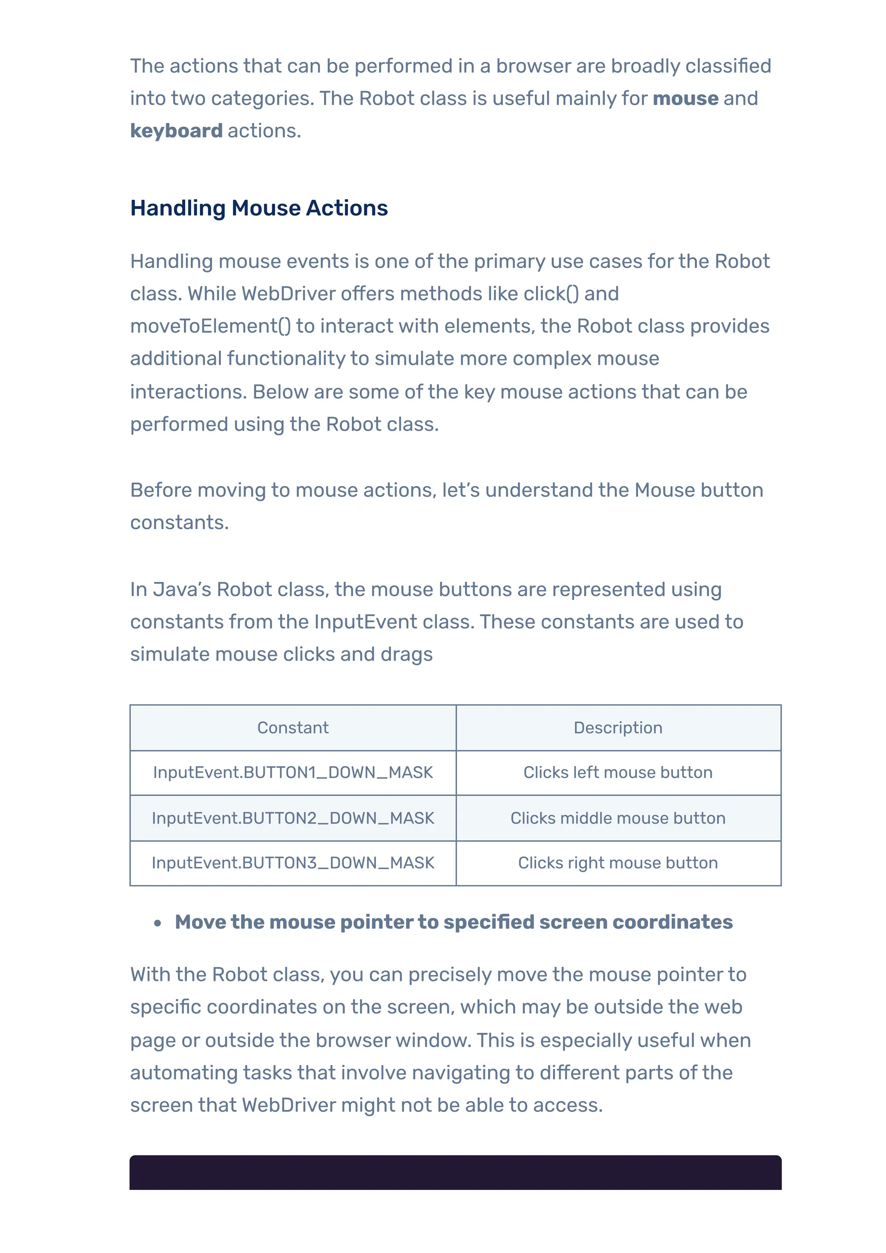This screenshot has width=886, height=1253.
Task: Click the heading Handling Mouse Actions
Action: point(259,208)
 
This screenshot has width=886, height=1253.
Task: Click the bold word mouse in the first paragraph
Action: point(685,99)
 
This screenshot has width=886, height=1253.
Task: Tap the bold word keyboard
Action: point(177,131)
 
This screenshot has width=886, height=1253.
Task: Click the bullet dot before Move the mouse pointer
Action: point(158,924)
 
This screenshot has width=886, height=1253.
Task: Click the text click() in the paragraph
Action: point(551,294)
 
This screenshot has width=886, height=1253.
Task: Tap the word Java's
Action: point(181,590)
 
